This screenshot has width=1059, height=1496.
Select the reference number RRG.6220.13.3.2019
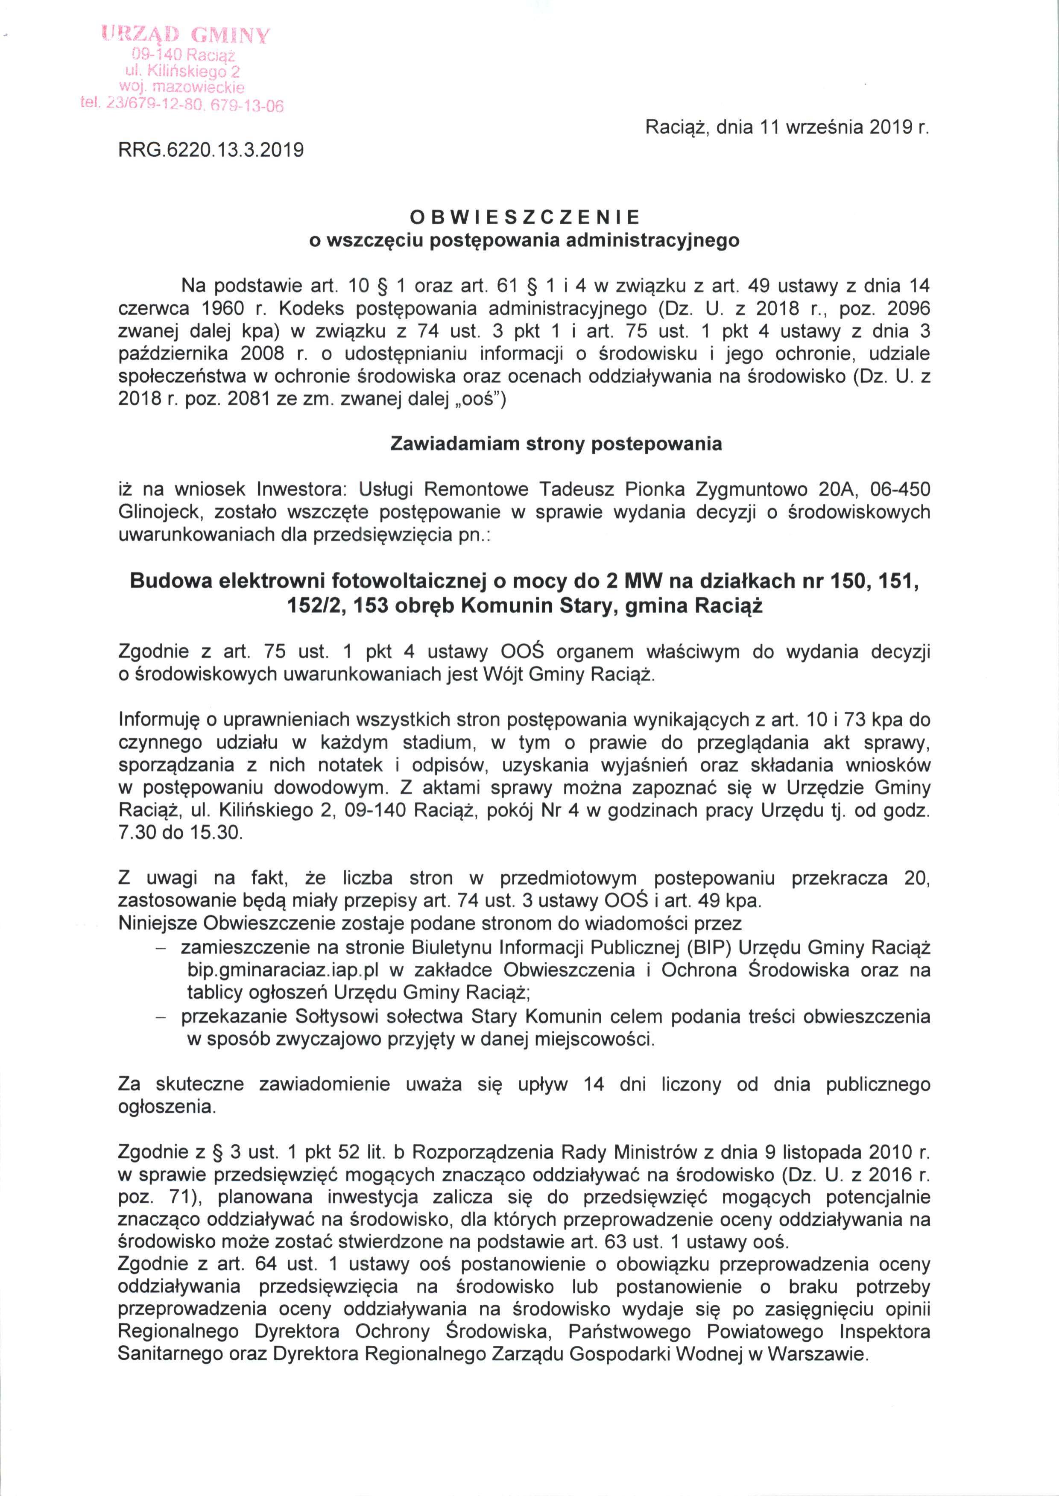coord(210,151)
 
